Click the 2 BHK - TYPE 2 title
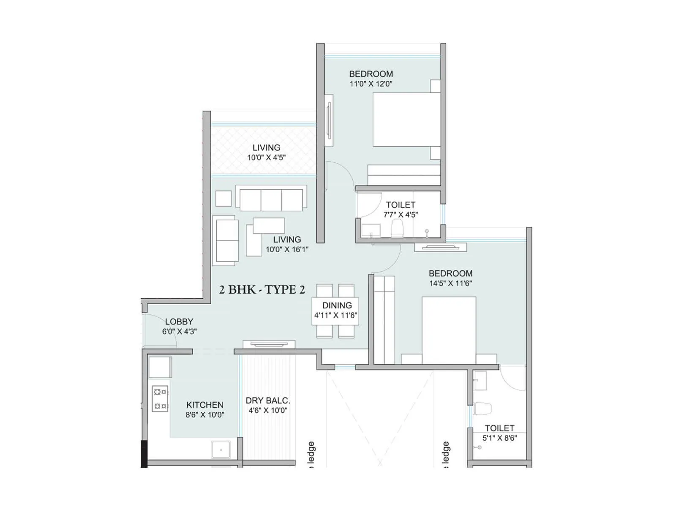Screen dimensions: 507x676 (x=262, y=290)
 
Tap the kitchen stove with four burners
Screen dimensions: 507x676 (x=160, y=398)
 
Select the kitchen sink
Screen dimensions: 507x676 (x=221, y=450)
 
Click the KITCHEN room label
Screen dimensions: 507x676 (x=205, y=405)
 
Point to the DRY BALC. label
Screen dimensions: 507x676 (x=268, y=401)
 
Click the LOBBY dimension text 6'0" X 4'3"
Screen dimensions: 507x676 (x=180, y=332)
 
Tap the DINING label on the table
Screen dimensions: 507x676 (x=337, y=305)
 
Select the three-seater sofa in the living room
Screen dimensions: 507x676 (x=271, y=199)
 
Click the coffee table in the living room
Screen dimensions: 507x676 (x=269, y=226)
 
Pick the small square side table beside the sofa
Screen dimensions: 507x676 (x=224, y=199)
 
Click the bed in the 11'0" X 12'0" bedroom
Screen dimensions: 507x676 (x=406, y=120)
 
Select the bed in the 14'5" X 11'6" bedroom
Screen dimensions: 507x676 (x=449, y=330)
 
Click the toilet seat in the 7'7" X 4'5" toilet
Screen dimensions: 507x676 (x=397, y=229)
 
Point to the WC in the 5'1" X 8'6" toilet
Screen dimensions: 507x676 (x=482, y=409)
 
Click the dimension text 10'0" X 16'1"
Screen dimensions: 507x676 (x=287, y=249)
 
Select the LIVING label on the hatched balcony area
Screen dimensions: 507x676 (x=266, y=147)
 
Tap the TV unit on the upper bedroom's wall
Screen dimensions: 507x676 (x=329, y=120)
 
